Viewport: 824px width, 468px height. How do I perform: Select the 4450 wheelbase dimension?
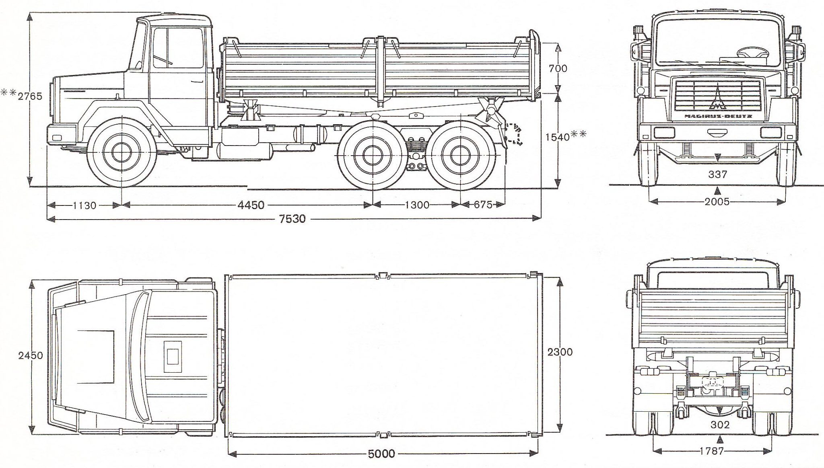pyautogui.click(x=251, y=205)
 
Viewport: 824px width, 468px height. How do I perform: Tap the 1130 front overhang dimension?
pyautogui.click(x=84, y=206)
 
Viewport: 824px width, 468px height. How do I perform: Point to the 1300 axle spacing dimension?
pyautogui.click(x=417, y=205)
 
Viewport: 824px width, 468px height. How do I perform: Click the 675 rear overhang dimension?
pyautogui.click(x=483, y=205)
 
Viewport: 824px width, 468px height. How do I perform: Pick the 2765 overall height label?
pyautogui.click(x=30, y=96)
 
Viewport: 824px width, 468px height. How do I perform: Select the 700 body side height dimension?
pyautogui.click(x=558, y=68)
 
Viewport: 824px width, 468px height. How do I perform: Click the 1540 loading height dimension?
pyautogui.click(x=558, y=137)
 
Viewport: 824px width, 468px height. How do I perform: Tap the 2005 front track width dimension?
pyautogui.click(x=717, y=202)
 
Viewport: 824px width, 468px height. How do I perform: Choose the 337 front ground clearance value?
pyautogui.click(x=717, y=174)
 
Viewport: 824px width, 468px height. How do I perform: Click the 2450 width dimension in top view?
pyautogui.click(x=31, y=356)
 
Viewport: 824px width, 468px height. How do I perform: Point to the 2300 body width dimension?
pyautogui.click(x=560, y=352)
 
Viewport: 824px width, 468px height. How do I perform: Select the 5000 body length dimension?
pyautogui.click(x=381, y=454)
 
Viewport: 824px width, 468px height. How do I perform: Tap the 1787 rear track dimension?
pyautogui.click(x=712, y=451)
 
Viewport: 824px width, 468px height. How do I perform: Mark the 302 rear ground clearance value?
pyautogui.click(x=719, y=425)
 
